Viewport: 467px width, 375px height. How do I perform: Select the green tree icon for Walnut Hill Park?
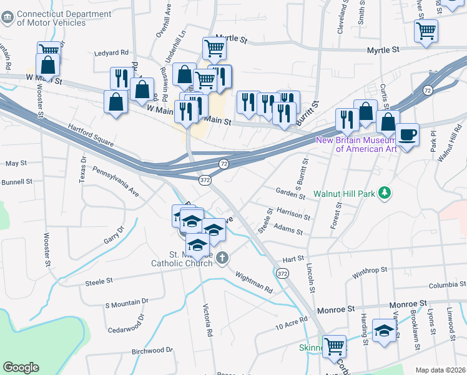(x=386, y=194)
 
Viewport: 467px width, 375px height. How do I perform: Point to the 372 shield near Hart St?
(x=282, y=274)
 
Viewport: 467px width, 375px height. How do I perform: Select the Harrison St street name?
(x=293, y=215)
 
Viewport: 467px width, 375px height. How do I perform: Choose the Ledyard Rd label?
(x=111, y=53)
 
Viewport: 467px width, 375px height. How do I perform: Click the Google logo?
(x=21, y=367)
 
